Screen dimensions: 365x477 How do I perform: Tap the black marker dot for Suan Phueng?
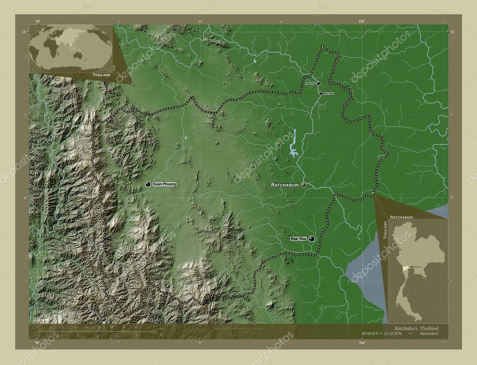pos(148,185)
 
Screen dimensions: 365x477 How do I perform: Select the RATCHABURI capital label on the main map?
pos(285,185)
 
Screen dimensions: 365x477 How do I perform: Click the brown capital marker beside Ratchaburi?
pos(304,185)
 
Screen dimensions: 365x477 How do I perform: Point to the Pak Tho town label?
pos(298,239)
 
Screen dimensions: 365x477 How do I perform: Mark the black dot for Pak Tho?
pos(311,239)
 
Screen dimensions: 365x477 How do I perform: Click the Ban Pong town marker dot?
pos(320,94)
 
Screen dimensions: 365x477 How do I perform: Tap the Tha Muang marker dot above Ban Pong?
pos(319,84)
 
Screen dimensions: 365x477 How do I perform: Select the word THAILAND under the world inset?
pos(101,75)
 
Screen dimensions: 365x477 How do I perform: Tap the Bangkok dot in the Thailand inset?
pos(411,267)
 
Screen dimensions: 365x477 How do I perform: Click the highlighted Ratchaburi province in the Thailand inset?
pos(406,269)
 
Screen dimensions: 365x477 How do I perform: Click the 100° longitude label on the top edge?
pos(361,21)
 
